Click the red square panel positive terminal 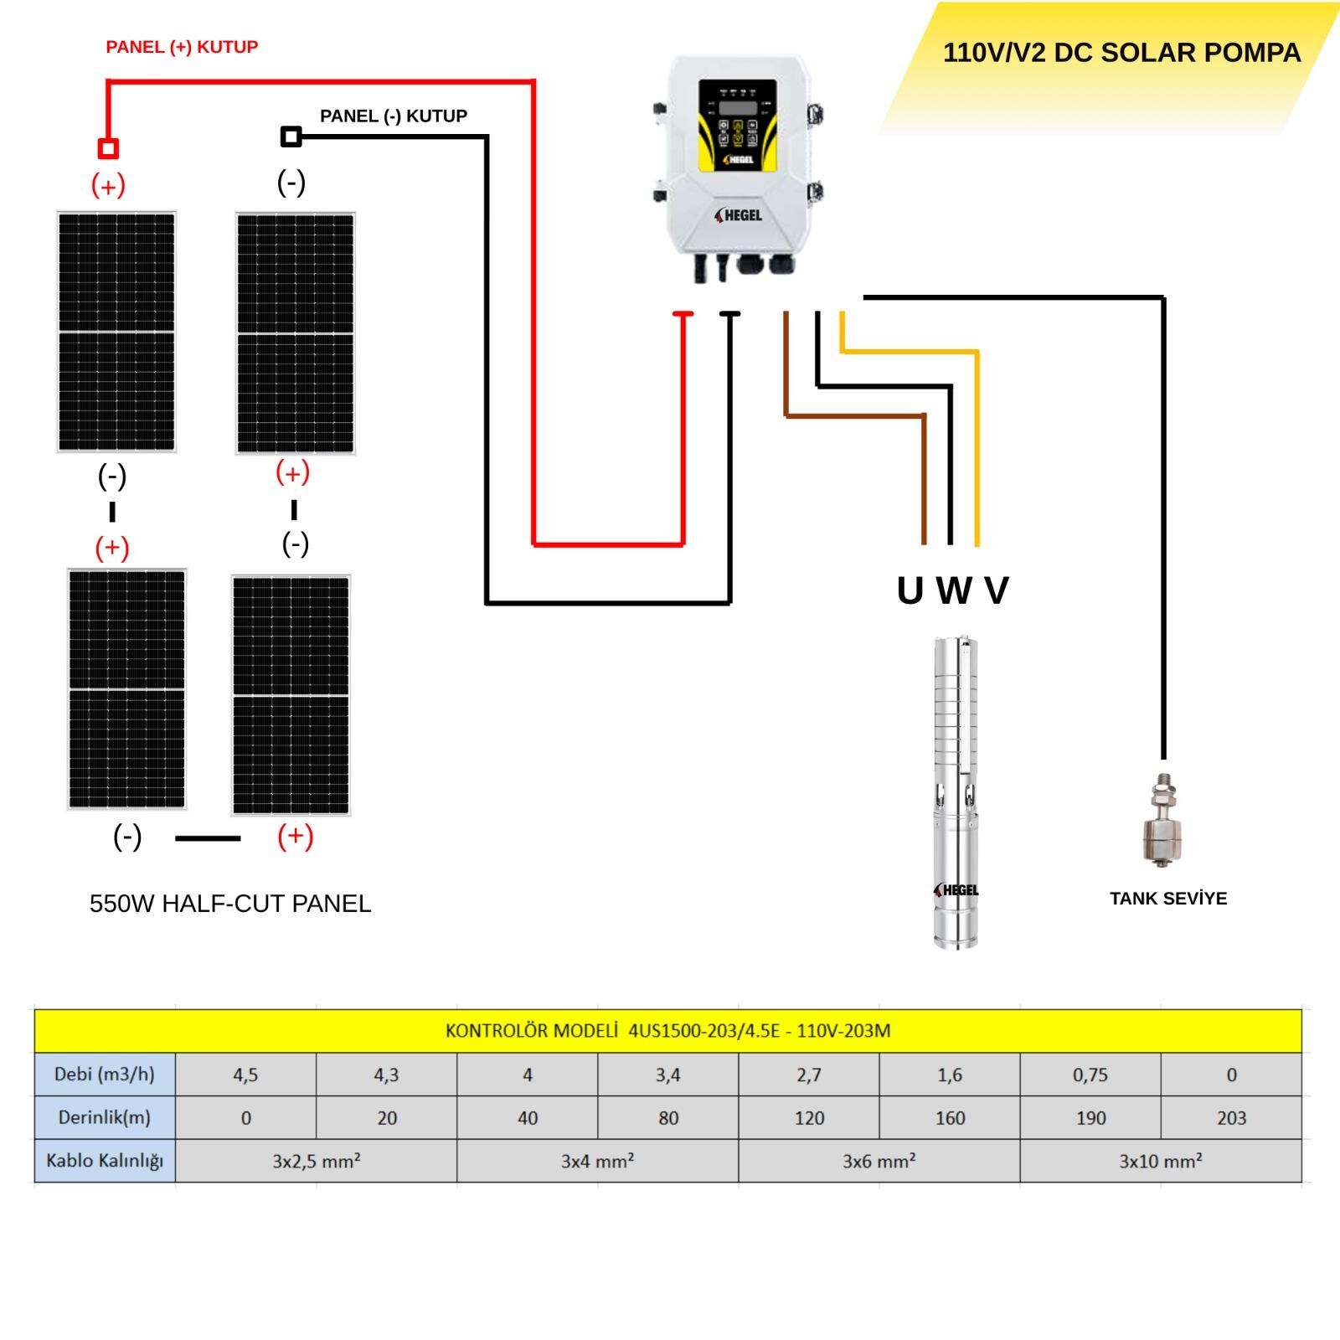point(108,149)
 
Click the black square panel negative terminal point(291,137)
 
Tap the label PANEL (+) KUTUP point(182,47)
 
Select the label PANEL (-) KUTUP point(393,116)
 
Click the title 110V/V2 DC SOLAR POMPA point(1121,53)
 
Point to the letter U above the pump point(910,590)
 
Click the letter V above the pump point(997,590)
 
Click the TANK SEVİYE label point(1167,899)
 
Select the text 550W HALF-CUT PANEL point(230,904)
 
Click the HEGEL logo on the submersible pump point(956,889)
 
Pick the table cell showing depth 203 point(1231,1118)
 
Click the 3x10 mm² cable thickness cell point(1161,1161)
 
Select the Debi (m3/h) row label point(105,1075)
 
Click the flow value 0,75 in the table point(1090,1075)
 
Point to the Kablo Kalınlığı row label point(105,1161)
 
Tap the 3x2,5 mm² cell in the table point(316,1161)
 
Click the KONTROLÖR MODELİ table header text point(667,1031)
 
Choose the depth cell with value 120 point(809,1118)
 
